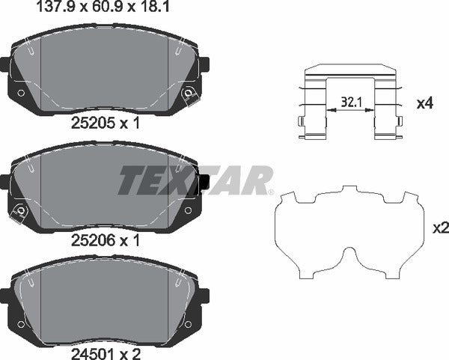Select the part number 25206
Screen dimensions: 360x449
click(x=91, y=240)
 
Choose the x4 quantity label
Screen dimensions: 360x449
click(x=424, y=103)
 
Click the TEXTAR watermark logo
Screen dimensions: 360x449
click(x=196, y=180)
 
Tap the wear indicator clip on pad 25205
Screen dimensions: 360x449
click(x=190, y=94)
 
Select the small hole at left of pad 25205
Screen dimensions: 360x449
click(x=21, y=93)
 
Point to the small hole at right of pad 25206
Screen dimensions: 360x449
click(x=189, y=213)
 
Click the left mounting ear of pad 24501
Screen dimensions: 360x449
click(x=4, y=296)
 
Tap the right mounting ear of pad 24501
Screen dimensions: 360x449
click(x=204, y=296)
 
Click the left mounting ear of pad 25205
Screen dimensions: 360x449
click(x=4, y=64)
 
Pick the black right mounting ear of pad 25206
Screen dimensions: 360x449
click(x=204, y=183)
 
